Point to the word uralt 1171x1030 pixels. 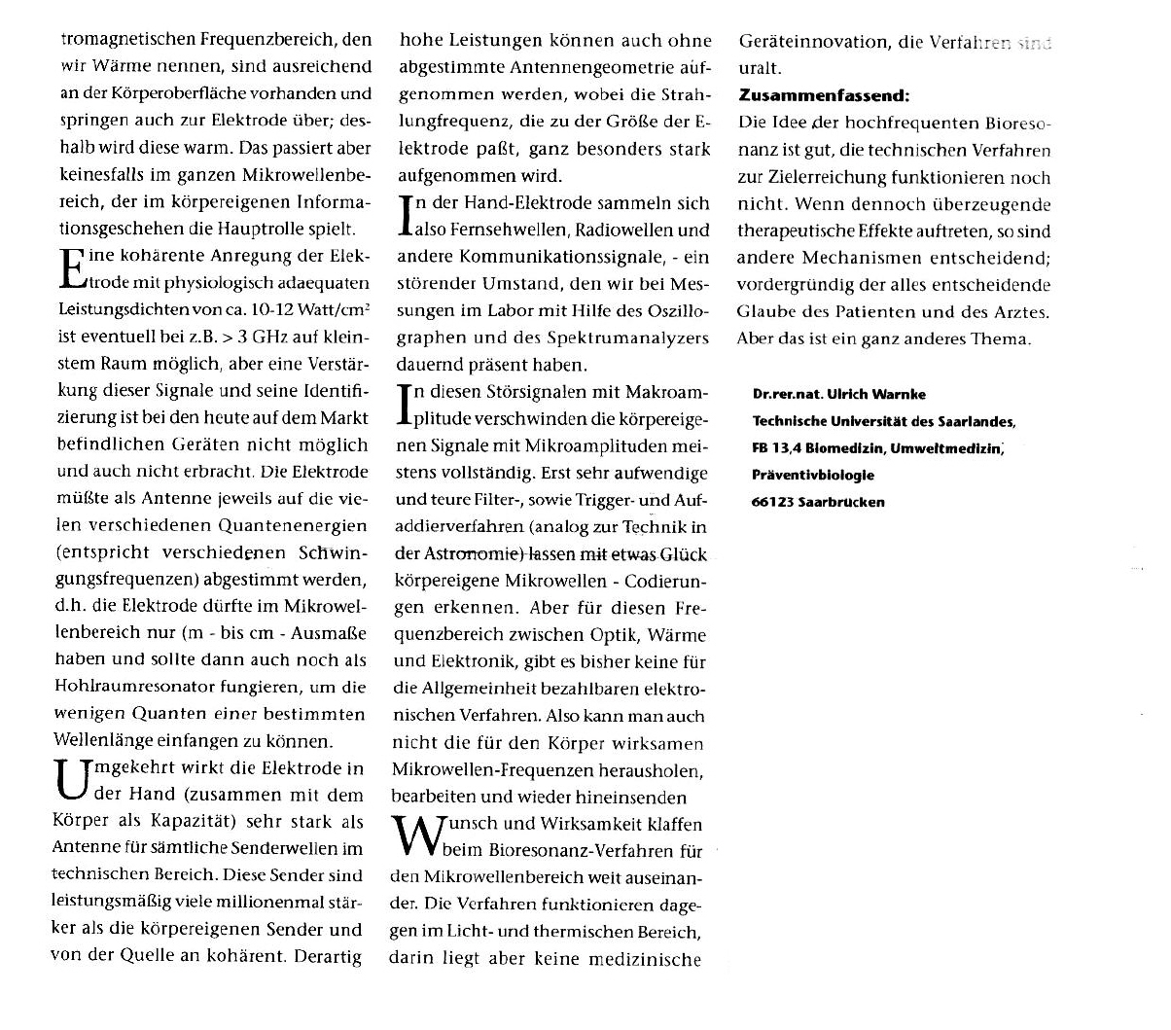coord(761,69)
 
